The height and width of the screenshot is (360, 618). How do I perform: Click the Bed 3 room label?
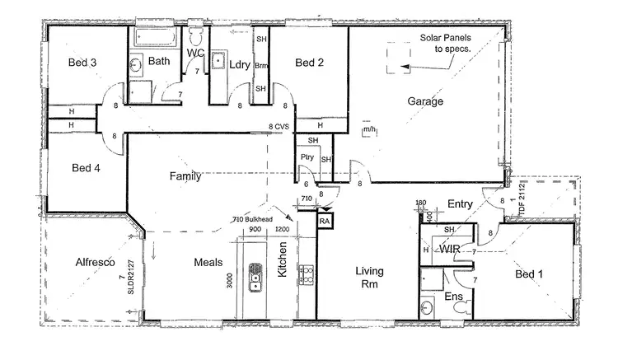pos(82,62)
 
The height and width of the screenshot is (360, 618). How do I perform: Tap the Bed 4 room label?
pos(86,168)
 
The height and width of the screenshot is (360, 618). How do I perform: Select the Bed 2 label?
pos(308,62)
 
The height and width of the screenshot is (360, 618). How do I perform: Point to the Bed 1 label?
pos(530,274)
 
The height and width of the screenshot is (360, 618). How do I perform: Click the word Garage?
pos(425,101)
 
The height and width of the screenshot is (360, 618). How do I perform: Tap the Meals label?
pos(209,262)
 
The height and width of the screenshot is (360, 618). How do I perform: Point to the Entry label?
pos(459,203)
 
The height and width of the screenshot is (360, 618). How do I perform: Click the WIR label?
pos(449,249)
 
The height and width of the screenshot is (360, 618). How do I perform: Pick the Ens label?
pos(453,297)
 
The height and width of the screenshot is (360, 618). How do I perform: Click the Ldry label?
pos(240,63)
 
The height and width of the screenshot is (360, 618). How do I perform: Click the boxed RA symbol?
pos(325,222)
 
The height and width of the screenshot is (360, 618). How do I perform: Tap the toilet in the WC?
pos(196,37)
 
